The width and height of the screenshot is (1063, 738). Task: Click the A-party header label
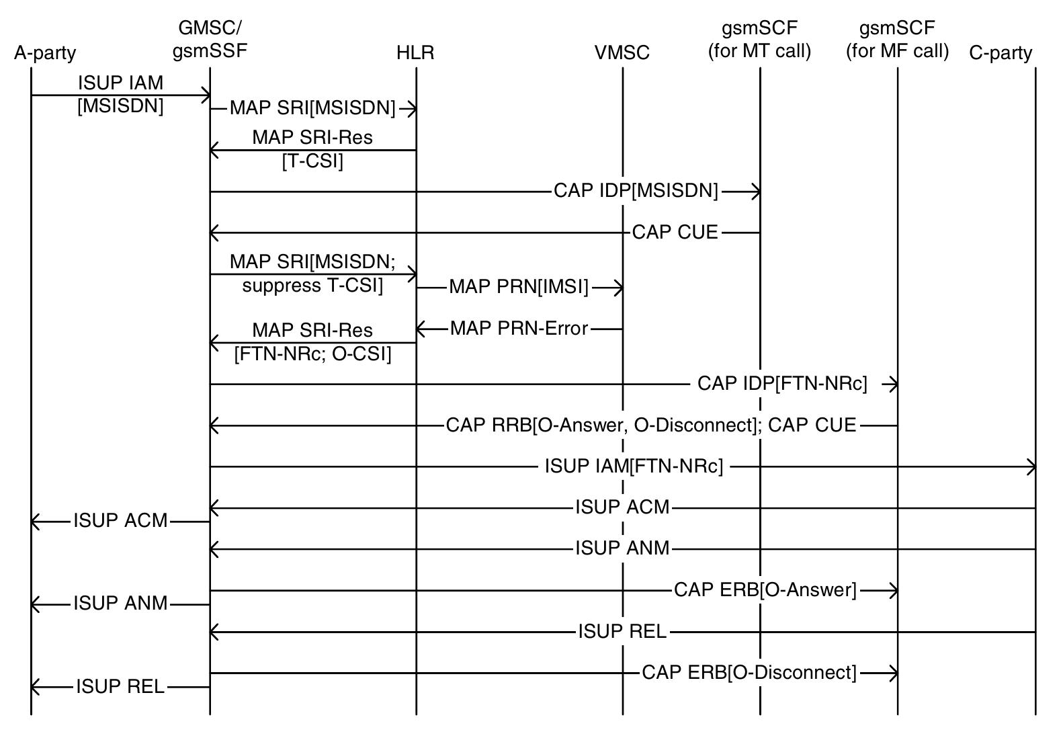point(45,53)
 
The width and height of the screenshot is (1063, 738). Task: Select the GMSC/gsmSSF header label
point(210,40)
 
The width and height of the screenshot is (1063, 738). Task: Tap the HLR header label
point(415,53)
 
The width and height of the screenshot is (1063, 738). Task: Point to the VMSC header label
point(622,53)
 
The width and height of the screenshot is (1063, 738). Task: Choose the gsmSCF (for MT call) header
point(759,40)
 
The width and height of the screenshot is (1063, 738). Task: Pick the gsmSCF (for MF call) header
point(897,40)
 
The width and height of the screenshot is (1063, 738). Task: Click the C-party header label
point(1001,53)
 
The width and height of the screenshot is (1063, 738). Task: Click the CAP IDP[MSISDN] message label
point(636,191)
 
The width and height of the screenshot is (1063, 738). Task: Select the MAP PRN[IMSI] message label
point(519,288)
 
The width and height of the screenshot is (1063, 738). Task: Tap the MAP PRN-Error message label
point(519,329)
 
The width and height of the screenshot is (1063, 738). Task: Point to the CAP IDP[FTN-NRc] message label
point(782,384)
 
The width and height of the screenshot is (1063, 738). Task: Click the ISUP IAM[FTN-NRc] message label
point(634,466)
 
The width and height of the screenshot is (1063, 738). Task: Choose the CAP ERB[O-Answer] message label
point(765,590)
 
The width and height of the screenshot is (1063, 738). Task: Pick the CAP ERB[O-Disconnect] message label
point(749,673)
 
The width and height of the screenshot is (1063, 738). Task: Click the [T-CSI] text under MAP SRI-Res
point(312,161)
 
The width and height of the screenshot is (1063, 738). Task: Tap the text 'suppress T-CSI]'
point(312,286)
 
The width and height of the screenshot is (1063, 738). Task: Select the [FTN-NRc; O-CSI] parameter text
point(312,354)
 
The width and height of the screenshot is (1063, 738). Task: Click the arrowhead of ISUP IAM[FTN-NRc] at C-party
point(1031,466)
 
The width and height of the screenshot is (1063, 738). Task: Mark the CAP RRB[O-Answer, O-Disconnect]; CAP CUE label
point(651,425)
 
